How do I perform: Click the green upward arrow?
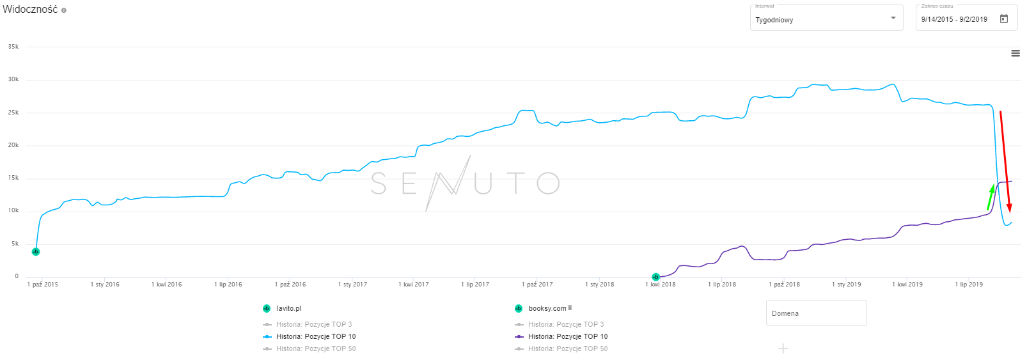[x=991, y=197]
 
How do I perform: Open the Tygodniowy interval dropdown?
[x=826, y=18]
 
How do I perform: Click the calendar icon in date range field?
[x=1004, y=19]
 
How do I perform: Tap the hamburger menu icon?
[x=1015, y=54]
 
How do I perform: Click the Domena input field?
[x=816, y=313]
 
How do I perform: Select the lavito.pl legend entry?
[x=288, y=308]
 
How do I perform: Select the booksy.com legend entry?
[x=547, y=308]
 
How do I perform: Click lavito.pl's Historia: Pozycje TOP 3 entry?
[x=314, y=324]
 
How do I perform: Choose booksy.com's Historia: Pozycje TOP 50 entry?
[x=568, y=348]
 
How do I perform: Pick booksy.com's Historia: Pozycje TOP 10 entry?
[x=568, y=336]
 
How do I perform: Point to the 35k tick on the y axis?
[x=13, y=47]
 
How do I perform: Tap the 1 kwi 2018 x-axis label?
[x=661, y=285]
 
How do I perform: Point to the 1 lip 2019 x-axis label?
[x=969, y=285]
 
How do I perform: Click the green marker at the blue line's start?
[x=36, y=252]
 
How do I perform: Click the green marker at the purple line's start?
[x=655, y=277]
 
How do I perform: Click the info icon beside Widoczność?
[x=64, y=10]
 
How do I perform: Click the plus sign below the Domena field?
[x=783, y=348]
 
